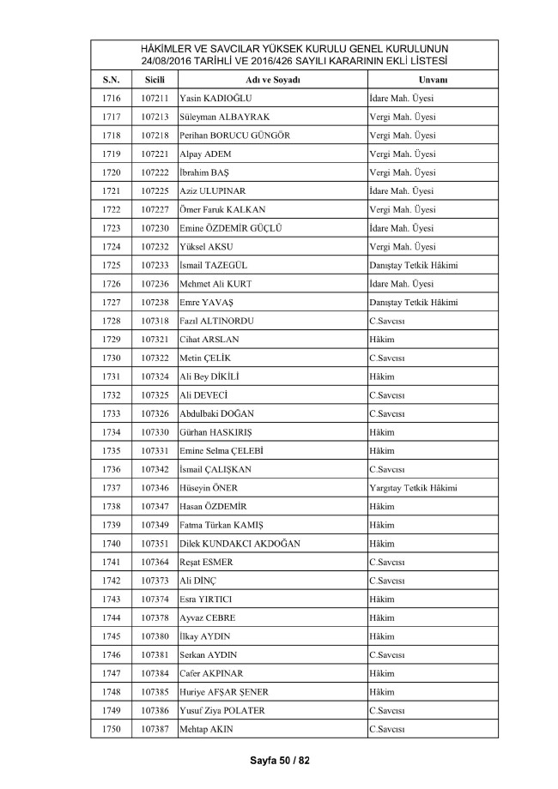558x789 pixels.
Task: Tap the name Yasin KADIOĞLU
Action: pyautogui.click(x=215, y=98)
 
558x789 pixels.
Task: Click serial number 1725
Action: pyautogui.click(x=111, y=265)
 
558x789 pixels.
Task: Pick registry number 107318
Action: pyautogui.click(x=155, y=321)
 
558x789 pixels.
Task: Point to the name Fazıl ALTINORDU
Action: pyautogui.click(x=217, y=321)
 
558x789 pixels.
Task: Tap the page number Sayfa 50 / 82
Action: pyautogui.click(x=279, y=760)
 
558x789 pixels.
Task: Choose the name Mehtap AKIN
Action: pyautogui.click(x=206, y=729)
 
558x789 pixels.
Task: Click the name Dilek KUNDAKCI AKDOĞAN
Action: pyautogui.click(x=240, y=544)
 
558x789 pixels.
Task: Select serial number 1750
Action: pyautogui.click(x=111, y=729)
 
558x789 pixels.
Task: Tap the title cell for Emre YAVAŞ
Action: pyautogui.click(x=412, y=302)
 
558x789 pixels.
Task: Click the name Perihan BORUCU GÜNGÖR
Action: pyautogui.click(x=235, y=135)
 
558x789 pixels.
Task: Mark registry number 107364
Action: pyautogui.click(x=155, y=562)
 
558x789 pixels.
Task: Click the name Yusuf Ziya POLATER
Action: pyautogui.click(x=222, y=710)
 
